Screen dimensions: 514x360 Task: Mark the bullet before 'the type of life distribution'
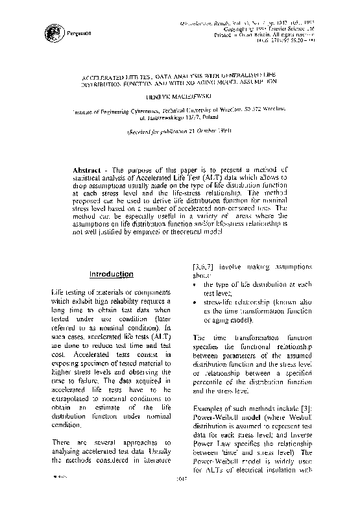(197, 284)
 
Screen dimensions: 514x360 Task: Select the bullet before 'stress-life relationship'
(197, 302)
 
